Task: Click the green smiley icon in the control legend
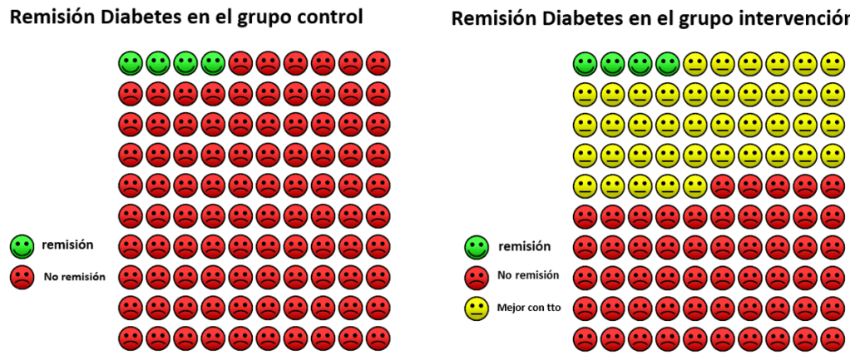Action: pos(22,245)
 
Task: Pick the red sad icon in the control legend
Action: pos(22,278)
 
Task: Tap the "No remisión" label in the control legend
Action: pos(75,278)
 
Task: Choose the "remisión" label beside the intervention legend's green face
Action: pos(525,246)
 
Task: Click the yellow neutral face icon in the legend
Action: pos(476,308)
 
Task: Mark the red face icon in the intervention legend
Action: pos(476,277)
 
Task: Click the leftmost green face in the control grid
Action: pos(130,62)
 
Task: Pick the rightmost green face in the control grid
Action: pos(212,62)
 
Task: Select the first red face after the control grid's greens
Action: pos(240,62)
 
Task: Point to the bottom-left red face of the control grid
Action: pos(130,338)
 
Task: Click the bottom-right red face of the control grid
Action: pos(378,338)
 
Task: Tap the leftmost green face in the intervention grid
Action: pos(585,62)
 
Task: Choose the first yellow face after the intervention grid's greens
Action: pos(694,62)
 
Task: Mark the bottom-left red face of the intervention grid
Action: pos(585,338)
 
